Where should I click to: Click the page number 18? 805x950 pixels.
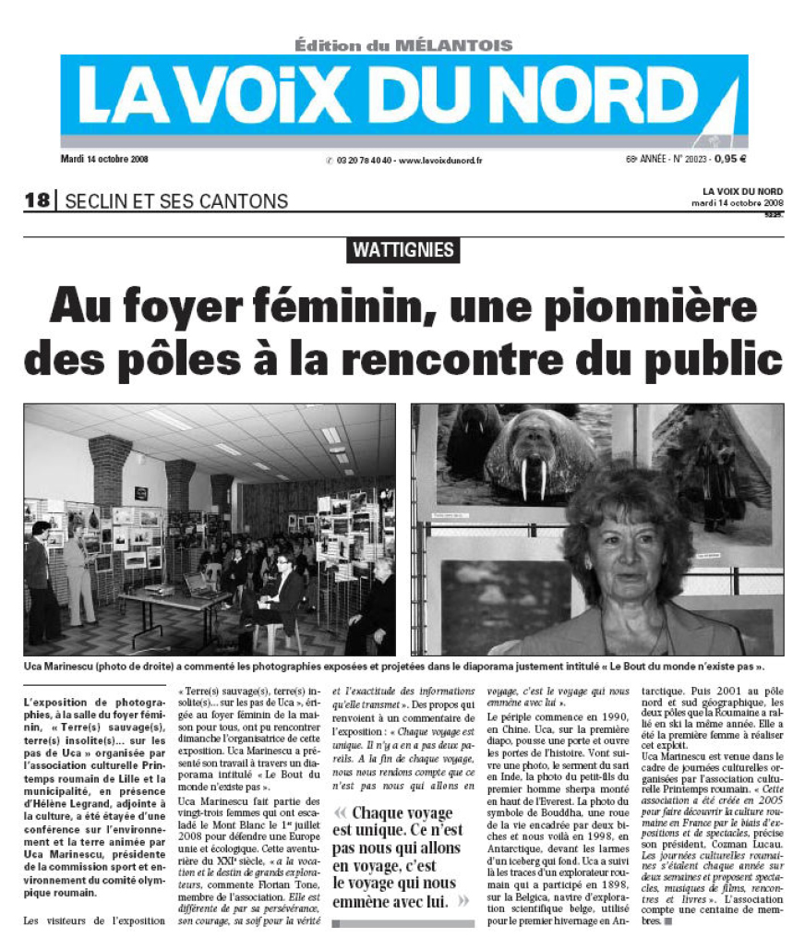coord(36,200)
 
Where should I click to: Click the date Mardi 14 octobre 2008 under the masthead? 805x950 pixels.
coord(104,158)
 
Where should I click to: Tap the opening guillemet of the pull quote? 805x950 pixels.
coord(342,813)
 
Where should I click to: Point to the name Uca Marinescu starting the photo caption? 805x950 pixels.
coord(54,665)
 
